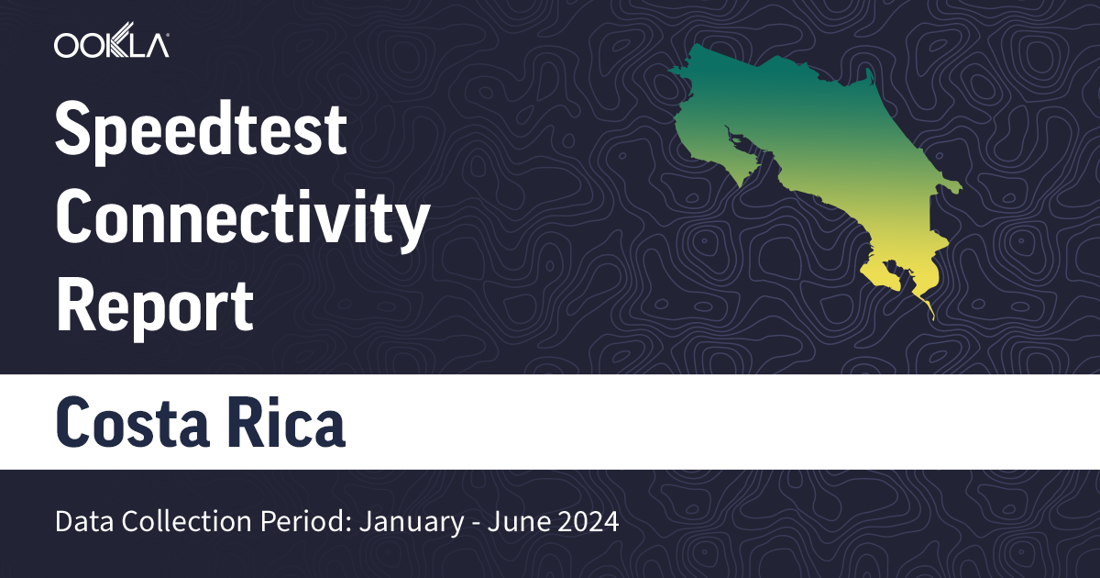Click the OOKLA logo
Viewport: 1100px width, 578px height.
111,45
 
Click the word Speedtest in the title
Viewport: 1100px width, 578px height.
202,130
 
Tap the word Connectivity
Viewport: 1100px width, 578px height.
243,218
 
